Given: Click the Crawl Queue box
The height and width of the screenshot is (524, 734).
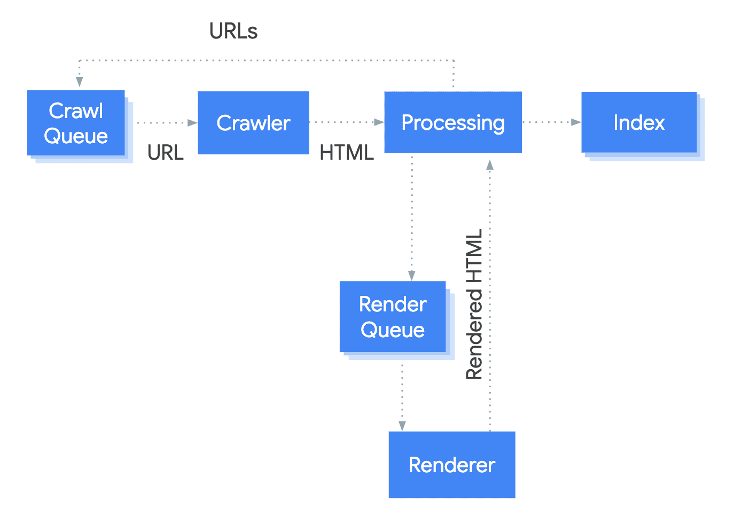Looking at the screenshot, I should [x=76, y=123].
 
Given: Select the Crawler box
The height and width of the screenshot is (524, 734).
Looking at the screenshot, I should [x=253, y=123].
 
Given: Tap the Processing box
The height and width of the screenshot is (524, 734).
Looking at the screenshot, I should [x=453, y=122].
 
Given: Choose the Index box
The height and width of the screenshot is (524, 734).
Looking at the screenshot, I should [x=639, y=122].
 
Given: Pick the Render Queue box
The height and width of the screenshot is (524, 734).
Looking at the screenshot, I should [x=393, y=317].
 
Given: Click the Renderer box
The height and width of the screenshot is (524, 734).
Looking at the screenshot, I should [x=452, y=465].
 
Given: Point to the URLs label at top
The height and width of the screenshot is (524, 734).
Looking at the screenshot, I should [x=233, y=32].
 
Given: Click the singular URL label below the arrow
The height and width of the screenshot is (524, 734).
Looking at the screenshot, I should [x=165, y=153].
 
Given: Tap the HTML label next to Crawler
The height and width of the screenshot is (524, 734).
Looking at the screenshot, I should [x=346, y=153].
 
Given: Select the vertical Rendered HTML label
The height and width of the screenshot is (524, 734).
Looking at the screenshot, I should [x=474, y=304].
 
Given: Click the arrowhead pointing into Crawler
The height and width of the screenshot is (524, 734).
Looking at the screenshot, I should [x=193, y=123].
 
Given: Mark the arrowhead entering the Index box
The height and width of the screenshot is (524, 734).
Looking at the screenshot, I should [x=576, y=122].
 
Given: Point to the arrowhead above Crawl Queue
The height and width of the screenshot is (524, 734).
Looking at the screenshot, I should [x=80, y=82].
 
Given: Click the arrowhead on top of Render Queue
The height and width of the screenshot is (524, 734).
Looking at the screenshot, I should [x=412, y=276].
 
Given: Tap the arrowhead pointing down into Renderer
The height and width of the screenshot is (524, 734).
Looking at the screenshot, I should [x=402, y=426].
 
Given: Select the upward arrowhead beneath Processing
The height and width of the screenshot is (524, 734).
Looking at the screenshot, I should [x=490, y=165].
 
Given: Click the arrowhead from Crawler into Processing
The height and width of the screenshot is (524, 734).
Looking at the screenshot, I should [x=379, y=122].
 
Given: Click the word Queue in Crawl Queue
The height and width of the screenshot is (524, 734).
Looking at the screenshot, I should [x=76, y=136].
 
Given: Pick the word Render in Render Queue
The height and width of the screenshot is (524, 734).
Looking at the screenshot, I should [x=393, y=304].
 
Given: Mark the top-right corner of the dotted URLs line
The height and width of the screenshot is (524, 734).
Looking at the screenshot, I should [x=454, y=61].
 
